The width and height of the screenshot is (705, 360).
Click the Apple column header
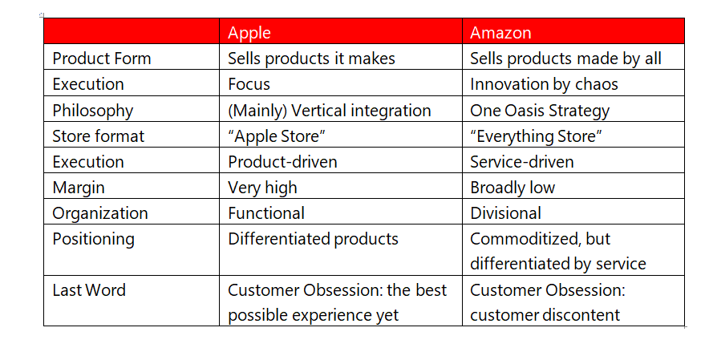coord(249,33)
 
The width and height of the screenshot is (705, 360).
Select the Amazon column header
coord(500,33)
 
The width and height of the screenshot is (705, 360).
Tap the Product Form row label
coord(102,59)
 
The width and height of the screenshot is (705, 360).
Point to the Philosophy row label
coord(92,111)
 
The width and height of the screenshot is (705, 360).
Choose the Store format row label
coord(99,136)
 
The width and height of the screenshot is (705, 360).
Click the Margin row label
coord(79,188)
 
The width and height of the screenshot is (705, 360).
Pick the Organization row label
coord(100,213)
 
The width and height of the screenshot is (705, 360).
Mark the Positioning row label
coord(94,239)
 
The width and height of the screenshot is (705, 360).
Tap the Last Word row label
coord(89,290)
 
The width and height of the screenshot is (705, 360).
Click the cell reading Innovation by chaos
coord(544,84)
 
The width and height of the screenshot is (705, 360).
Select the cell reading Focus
coord(249,84)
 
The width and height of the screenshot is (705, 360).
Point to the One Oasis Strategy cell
coord(540,111)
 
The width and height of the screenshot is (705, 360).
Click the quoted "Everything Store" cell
coord(536,136)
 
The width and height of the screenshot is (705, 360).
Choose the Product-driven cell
coord(282,162)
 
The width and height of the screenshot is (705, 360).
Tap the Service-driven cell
coord(522,162)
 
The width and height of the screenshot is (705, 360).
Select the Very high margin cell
coord(262,188)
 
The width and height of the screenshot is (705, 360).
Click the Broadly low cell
coord(513,188)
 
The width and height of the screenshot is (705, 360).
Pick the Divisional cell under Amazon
coord(506,213)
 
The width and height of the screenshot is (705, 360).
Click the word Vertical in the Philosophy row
coord(319,111)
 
